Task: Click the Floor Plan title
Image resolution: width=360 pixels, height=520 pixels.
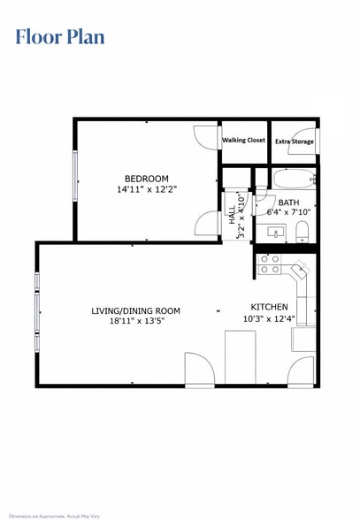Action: (59, 36)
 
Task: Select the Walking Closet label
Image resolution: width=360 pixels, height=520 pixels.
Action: (243, 140)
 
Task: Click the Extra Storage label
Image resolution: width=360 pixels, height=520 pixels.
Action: (294, 141)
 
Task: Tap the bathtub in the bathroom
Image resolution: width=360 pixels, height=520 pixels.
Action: (294, 180)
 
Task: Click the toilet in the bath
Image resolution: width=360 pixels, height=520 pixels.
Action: (303, 233)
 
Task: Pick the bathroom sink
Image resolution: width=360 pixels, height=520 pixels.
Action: (276, 233)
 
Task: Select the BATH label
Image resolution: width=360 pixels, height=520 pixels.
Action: (288, 202)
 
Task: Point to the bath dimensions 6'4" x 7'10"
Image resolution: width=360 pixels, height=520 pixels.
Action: (288, 212)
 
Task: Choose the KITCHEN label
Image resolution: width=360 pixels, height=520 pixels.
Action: (268, 306)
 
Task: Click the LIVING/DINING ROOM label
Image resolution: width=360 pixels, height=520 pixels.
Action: (136, 310)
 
